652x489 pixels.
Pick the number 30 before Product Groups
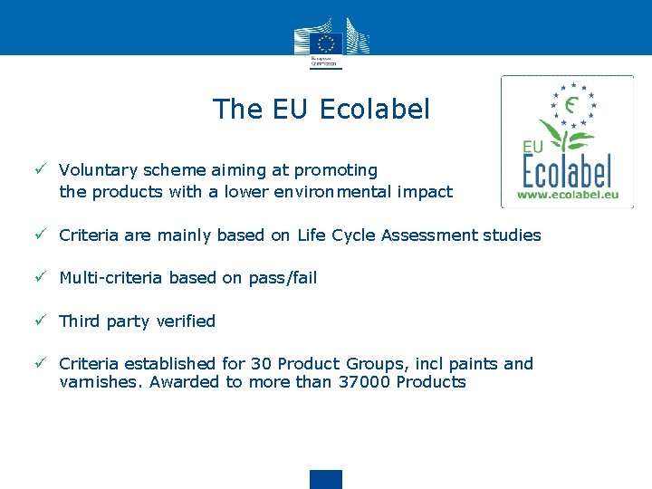coord(261,364)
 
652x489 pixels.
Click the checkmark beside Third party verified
coord(41,321)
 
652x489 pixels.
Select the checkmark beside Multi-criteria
coord(41,277)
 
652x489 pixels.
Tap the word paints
coord(467,364)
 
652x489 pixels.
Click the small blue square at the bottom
coord(326,479)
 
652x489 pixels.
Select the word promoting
coord(337,170)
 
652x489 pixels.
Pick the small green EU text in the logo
coord(533,147)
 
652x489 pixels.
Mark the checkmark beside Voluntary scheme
coord(41,169)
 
